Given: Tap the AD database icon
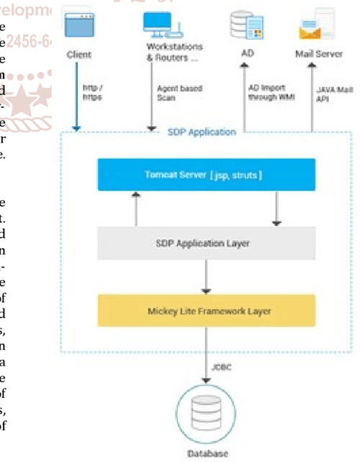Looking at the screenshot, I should pos(244,24).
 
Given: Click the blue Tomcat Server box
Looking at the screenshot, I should pos(206,175).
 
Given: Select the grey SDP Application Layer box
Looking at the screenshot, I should pos(206,243).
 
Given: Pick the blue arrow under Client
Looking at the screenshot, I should pos(77,101).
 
